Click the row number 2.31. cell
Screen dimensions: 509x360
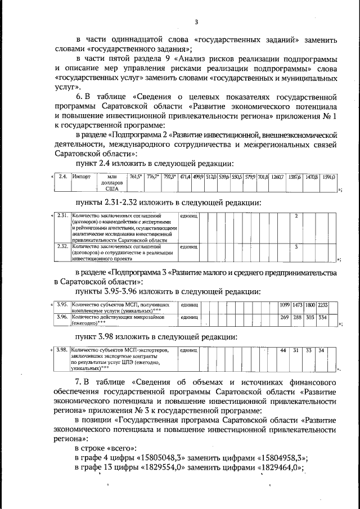coord(64,216)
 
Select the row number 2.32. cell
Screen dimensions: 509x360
coord(64,246)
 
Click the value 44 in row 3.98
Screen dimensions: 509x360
coord(283,350)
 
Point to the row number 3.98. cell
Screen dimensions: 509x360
coord(64,350)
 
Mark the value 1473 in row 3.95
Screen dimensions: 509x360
coord(298,304)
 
